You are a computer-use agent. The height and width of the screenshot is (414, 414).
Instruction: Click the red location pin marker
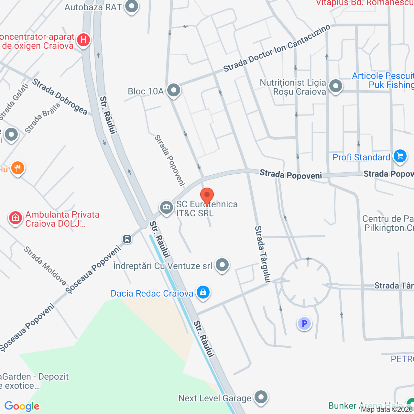pos(207,196)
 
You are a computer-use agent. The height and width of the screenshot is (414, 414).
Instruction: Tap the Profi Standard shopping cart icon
pos(400,157)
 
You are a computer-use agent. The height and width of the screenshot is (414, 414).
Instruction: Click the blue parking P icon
pos(304,323)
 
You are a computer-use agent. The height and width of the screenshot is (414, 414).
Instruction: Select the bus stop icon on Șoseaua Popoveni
pos(127,239)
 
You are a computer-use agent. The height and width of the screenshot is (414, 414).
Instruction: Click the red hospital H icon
pos(83,40)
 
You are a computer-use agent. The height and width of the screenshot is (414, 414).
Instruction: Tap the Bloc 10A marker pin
pos(174,90)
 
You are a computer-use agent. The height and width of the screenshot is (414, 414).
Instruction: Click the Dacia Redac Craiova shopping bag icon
pos(203,292)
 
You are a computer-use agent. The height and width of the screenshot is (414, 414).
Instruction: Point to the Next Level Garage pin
pos(261,397)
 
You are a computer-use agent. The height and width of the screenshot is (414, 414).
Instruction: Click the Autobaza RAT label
pos(93,7)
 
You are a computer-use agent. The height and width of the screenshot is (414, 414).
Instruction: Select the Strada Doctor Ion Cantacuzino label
pos(277,49)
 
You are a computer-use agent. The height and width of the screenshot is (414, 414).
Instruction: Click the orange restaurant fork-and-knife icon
pos(17,168)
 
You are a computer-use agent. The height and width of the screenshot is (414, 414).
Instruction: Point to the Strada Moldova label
pos(45,266)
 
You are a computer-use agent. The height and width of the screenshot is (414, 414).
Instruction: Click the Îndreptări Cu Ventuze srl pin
pos(222,265)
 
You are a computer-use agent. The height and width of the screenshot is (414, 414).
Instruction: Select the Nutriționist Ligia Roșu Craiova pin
pos(335,86)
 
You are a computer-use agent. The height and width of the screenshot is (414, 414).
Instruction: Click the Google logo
pos(22,406)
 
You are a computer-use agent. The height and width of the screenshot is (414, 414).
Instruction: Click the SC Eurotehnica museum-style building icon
pos(167,207)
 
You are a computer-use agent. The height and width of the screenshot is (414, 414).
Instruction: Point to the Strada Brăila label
pos(42,118)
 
